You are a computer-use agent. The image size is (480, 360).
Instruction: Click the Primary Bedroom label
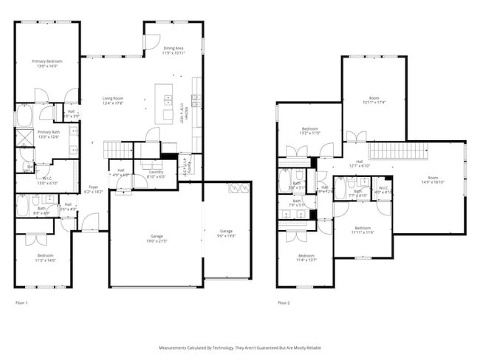click(x=47, y=63)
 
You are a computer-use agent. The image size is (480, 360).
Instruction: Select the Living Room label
click(x=112, y=100)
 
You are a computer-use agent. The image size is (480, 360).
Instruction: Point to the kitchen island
click(x=164, y=102)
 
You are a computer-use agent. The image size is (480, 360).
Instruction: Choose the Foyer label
click(x=94, y=190)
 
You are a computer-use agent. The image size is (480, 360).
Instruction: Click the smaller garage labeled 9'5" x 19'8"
click(x=227, y=233)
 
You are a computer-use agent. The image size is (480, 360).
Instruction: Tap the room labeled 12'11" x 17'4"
click(x=374, y=100)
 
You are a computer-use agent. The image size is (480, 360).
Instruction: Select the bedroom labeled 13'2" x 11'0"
click(x=309, y=131)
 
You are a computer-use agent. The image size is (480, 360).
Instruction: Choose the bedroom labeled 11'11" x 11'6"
click(x=363, y=230)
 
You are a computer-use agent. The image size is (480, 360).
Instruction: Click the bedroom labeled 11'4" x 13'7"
click(x=306, y=257)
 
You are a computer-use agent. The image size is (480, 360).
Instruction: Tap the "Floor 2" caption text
click(x=284, y=303)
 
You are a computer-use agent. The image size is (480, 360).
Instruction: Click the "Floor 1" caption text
click(x=21, y=303)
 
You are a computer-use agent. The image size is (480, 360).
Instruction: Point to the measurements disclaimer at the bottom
click(x=239, y=347)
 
